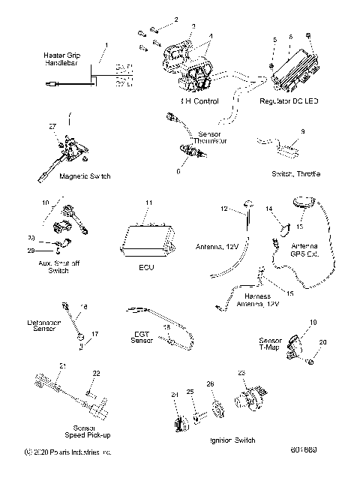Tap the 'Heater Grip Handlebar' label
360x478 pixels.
[x=64, y=61]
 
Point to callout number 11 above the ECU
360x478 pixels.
[x=148, y=203]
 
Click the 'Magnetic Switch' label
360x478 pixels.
[x=63, y=176]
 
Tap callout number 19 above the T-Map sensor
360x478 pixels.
[x=313, y=320]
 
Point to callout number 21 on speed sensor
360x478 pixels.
[x=63, y=365]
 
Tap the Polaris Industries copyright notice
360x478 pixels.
[x=67, y=452]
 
